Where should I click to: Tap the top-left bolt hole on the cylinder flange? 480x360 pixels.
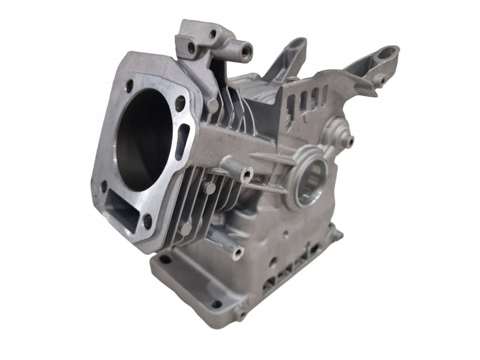click(129, 84)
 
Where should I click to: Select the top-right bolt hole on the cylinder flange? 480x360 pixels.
click(180, 104)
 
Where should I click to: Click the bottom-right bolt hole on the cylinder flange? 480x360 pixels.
click(147, 221)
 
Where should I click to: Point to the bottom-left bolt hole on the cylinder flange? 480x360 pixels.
click(104, 187)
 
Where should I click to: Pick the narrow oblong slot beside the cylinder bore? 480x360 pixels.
click(181, 142)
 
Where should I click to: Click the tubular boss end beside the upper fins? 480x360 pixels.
click(247, 174)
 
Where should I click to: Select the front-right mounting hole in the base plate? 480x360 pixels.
click(216, 303)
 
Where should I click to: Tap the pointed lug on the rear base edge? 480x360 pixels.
click(333, 231)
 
